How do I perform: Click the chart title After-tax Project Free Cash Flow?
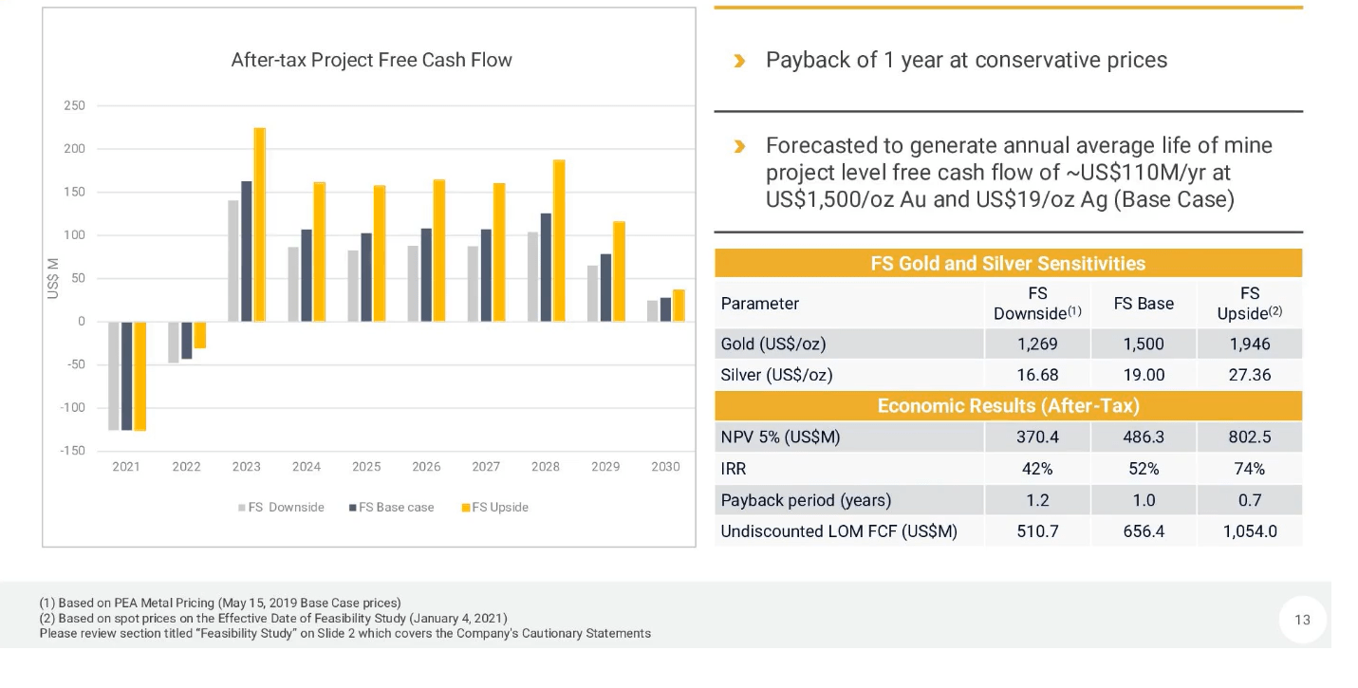[371, 60]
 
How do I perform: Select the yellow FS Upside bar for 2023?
[259, 225]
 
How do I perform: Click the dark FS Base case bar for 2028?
[546, 268]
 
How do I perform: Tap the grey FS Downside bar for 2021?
[114, 376]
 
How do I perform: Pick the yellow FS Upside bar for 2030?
[679, 306]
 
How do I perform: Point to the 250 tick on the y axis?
[74, 105]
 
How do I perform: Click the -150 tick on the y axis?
[72, 451]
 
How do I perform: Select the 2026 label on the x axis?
[426, 467]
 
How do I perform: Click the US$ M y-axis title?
[53, 279]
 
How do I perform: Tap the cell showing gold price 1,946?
[1249, 344]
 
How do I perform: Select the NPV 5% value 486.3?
[1144, 437]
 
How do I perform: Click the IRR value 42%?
[1037, 469]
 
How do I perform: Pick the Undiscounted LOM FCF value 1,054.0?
[1249, 531]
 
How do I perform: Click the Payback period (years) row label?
[806, 500]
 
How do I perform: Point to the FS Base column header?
[1144, 304]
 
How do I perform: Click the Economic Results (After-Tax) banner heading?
[1008, 406]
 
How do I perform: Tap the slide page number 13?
[1302, 620]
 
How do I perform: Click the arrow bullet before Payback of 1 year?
[740, 61]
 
